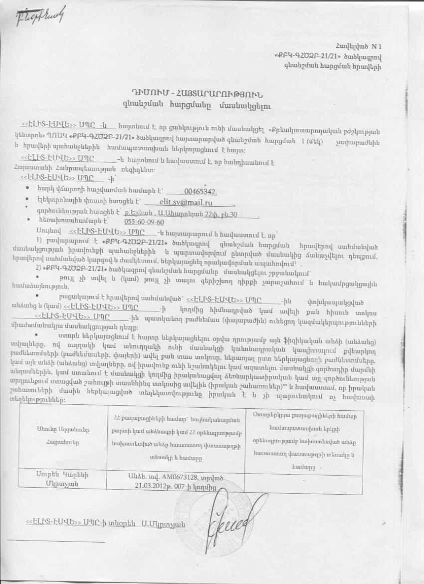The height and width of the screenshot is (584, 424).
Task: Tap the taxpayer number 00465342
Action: (201, 192)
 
